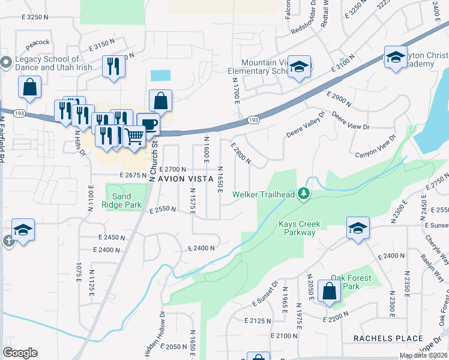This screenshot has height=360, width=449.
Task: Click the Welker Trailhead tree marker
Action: point(304,193)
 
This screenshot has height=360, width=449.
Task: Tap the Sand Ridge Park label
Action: point(126,200)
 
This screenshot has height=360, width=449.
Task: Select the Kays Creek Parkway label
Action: point(300,228)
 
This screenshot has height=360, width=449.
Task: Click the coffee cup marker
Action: point(148,124)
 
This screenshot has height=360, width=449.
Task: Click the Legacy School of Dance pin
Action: point(6,62)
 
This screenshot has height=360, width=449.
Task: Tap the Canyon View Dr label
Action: point(376,146)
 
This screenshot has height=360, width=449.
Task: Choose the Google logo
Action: point(20,353)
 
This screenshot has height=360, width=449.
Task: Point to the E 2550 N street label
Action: point(163,209)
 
